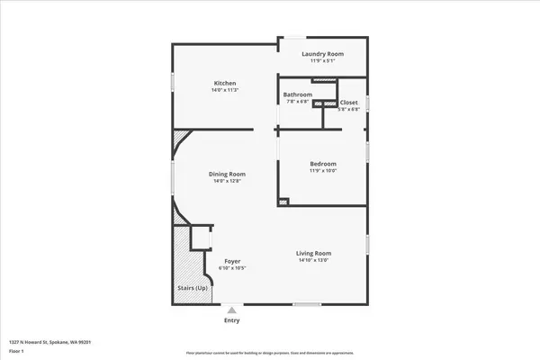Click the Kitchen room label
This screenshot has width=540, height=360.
click(x=225, y=83)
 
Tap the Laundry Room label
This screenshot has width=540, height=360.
click(x=322, y=53)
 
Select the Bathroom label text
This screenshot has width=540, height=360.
click(x=298, y=94)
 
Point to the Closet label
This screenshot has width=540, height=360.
click(x=348, y=103)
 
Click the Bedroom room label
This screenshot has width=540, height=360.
click(x=321, y=163)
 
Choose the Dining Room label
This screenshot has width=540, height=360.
click(x=227, y=174)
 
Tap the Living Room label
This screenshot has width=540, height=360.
click(x=314, y=253)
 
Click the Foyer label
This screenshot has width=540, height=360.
click(x=231, y=261)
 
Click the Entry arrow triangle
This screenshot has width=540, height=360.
click(x=231, y=309)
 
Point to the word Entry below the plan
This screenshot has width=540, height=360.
click(x=231, y=320)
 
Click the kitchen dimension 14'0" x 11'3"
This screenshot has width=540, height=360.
click(x=225, y=90)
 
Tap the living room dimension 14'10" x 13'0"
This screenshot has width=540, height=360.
click(x=314, y=260)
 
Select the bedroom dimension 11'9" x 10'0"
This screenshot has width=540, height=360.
click(x=321, y=170)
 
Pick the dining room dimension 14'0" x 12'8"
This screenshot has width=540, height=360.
click(x=227, y=181)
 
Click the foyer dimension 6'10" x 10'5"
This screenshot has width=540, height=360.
click(x=231, y=268)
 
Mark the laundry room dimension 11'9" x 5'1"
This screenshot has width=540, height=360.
click(x=322, y=60)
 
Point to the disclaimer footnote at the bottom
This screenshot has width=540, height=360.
click(x=269, y=354)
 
